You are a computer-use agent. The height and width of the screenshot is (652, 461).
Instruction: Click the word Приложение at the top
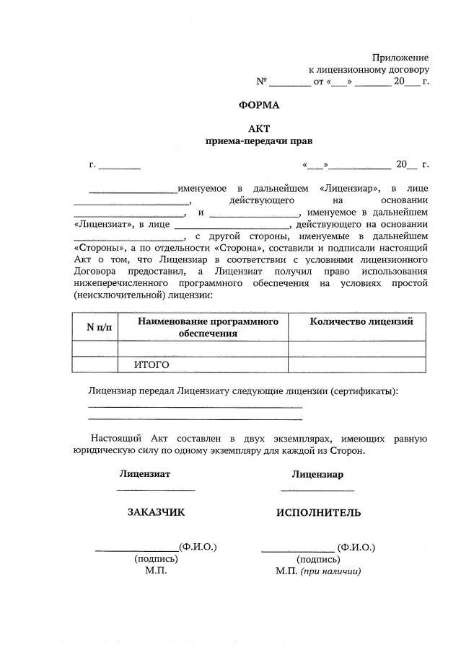click(400, 57)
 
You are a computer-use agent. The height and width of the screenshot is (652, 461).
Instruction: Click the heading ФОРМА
click(258, 104)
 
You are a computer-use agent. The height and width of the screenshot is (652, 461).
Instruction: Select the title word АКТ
click(258, 128)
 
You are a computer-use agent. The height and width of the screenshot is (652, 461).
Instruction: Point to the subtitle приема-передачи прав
click(258, 141)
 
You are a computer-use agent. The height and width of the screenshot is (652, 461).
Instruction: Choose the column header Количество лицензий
click(361, 321)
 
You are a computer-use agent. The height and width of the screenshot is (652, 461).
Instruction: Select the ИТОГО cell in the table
click(152, 365)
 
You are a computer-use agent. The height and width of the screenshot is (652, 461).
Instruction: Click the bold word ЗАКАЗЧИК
click(156, 512)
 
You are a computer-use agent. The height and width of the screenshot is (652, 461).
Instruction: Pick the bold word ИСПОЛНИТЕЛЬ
click(318, 513)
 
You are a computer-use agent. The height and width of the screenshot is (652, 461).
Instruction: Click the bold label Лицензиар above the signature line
click(317, 474)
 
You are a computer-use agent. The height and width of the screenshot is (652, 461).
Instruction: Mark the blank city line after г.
click(120, 166)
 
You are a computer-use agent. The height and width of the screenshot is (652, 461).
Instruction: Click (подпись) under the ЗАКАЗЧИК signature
click(156, 558)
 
